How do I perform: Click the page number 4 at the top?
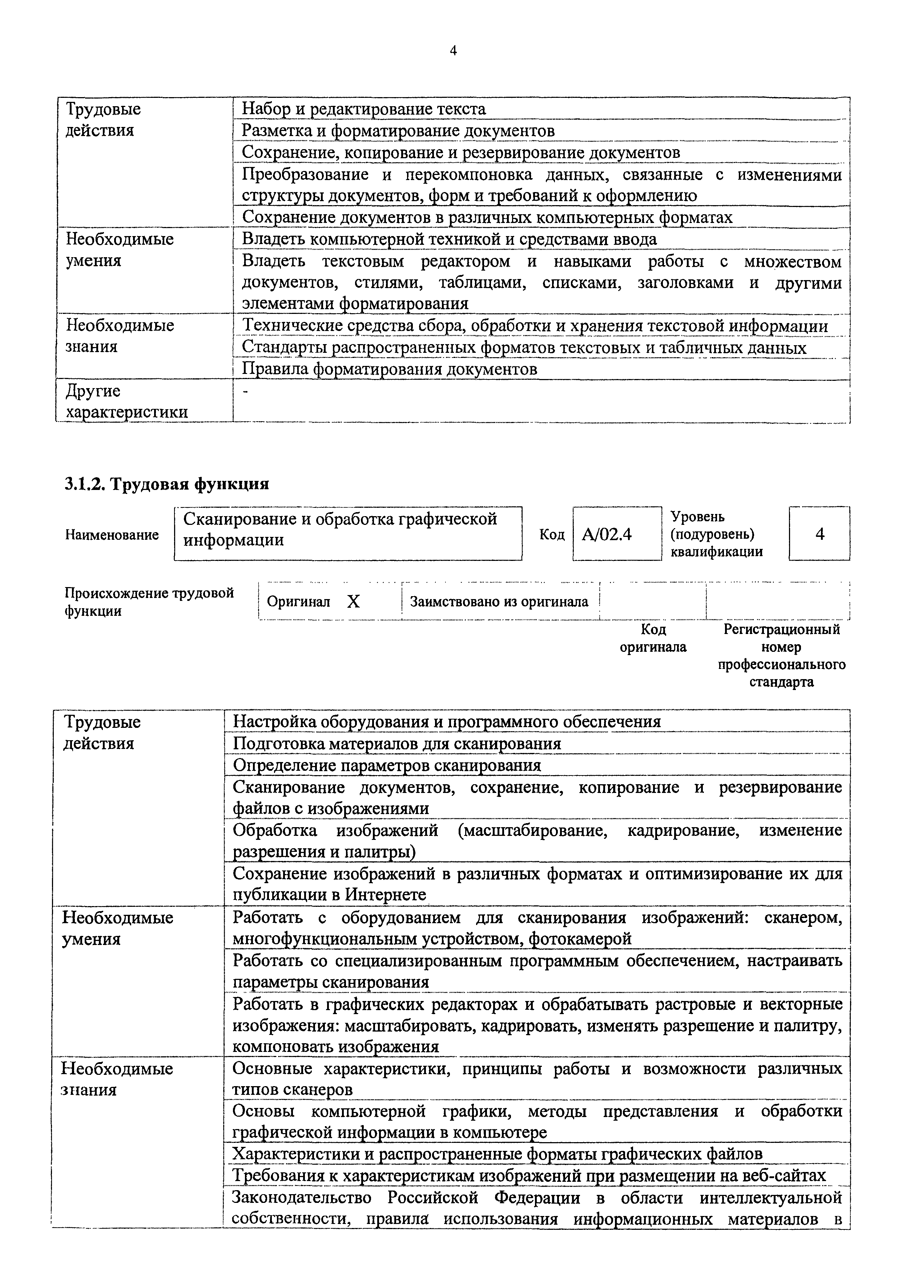click(453, 51)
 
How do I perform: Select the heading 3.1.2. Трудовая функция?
click(166, 484)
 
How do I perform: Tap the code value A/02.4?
click(607, 535)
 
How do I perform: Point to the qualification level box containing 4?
click(819, 534)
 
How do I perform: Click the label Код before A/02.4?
click(552, 535)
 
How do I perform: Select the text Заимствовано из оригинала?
click(499, 601)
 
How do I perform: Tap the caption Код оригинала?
click(653, 638)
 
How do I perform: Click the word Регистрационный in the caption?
click(781, 630)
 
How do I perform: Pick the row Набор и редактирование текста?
click(364, 109)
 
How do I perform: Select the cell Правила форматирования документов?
click(389, 369)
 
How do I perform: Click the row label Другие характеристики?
click(126, 401)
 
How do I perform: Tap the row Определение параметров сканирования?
click(387, 765)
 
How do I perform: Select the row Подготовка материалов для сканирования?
click(396, 743)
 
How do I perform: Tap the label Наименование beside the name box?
click(112, 535)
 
